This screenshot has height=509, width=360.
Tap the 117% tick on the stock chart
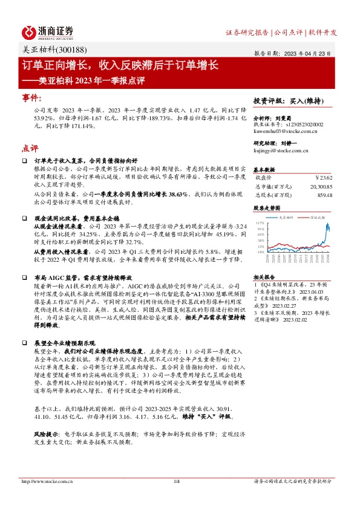click(261, 223)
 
